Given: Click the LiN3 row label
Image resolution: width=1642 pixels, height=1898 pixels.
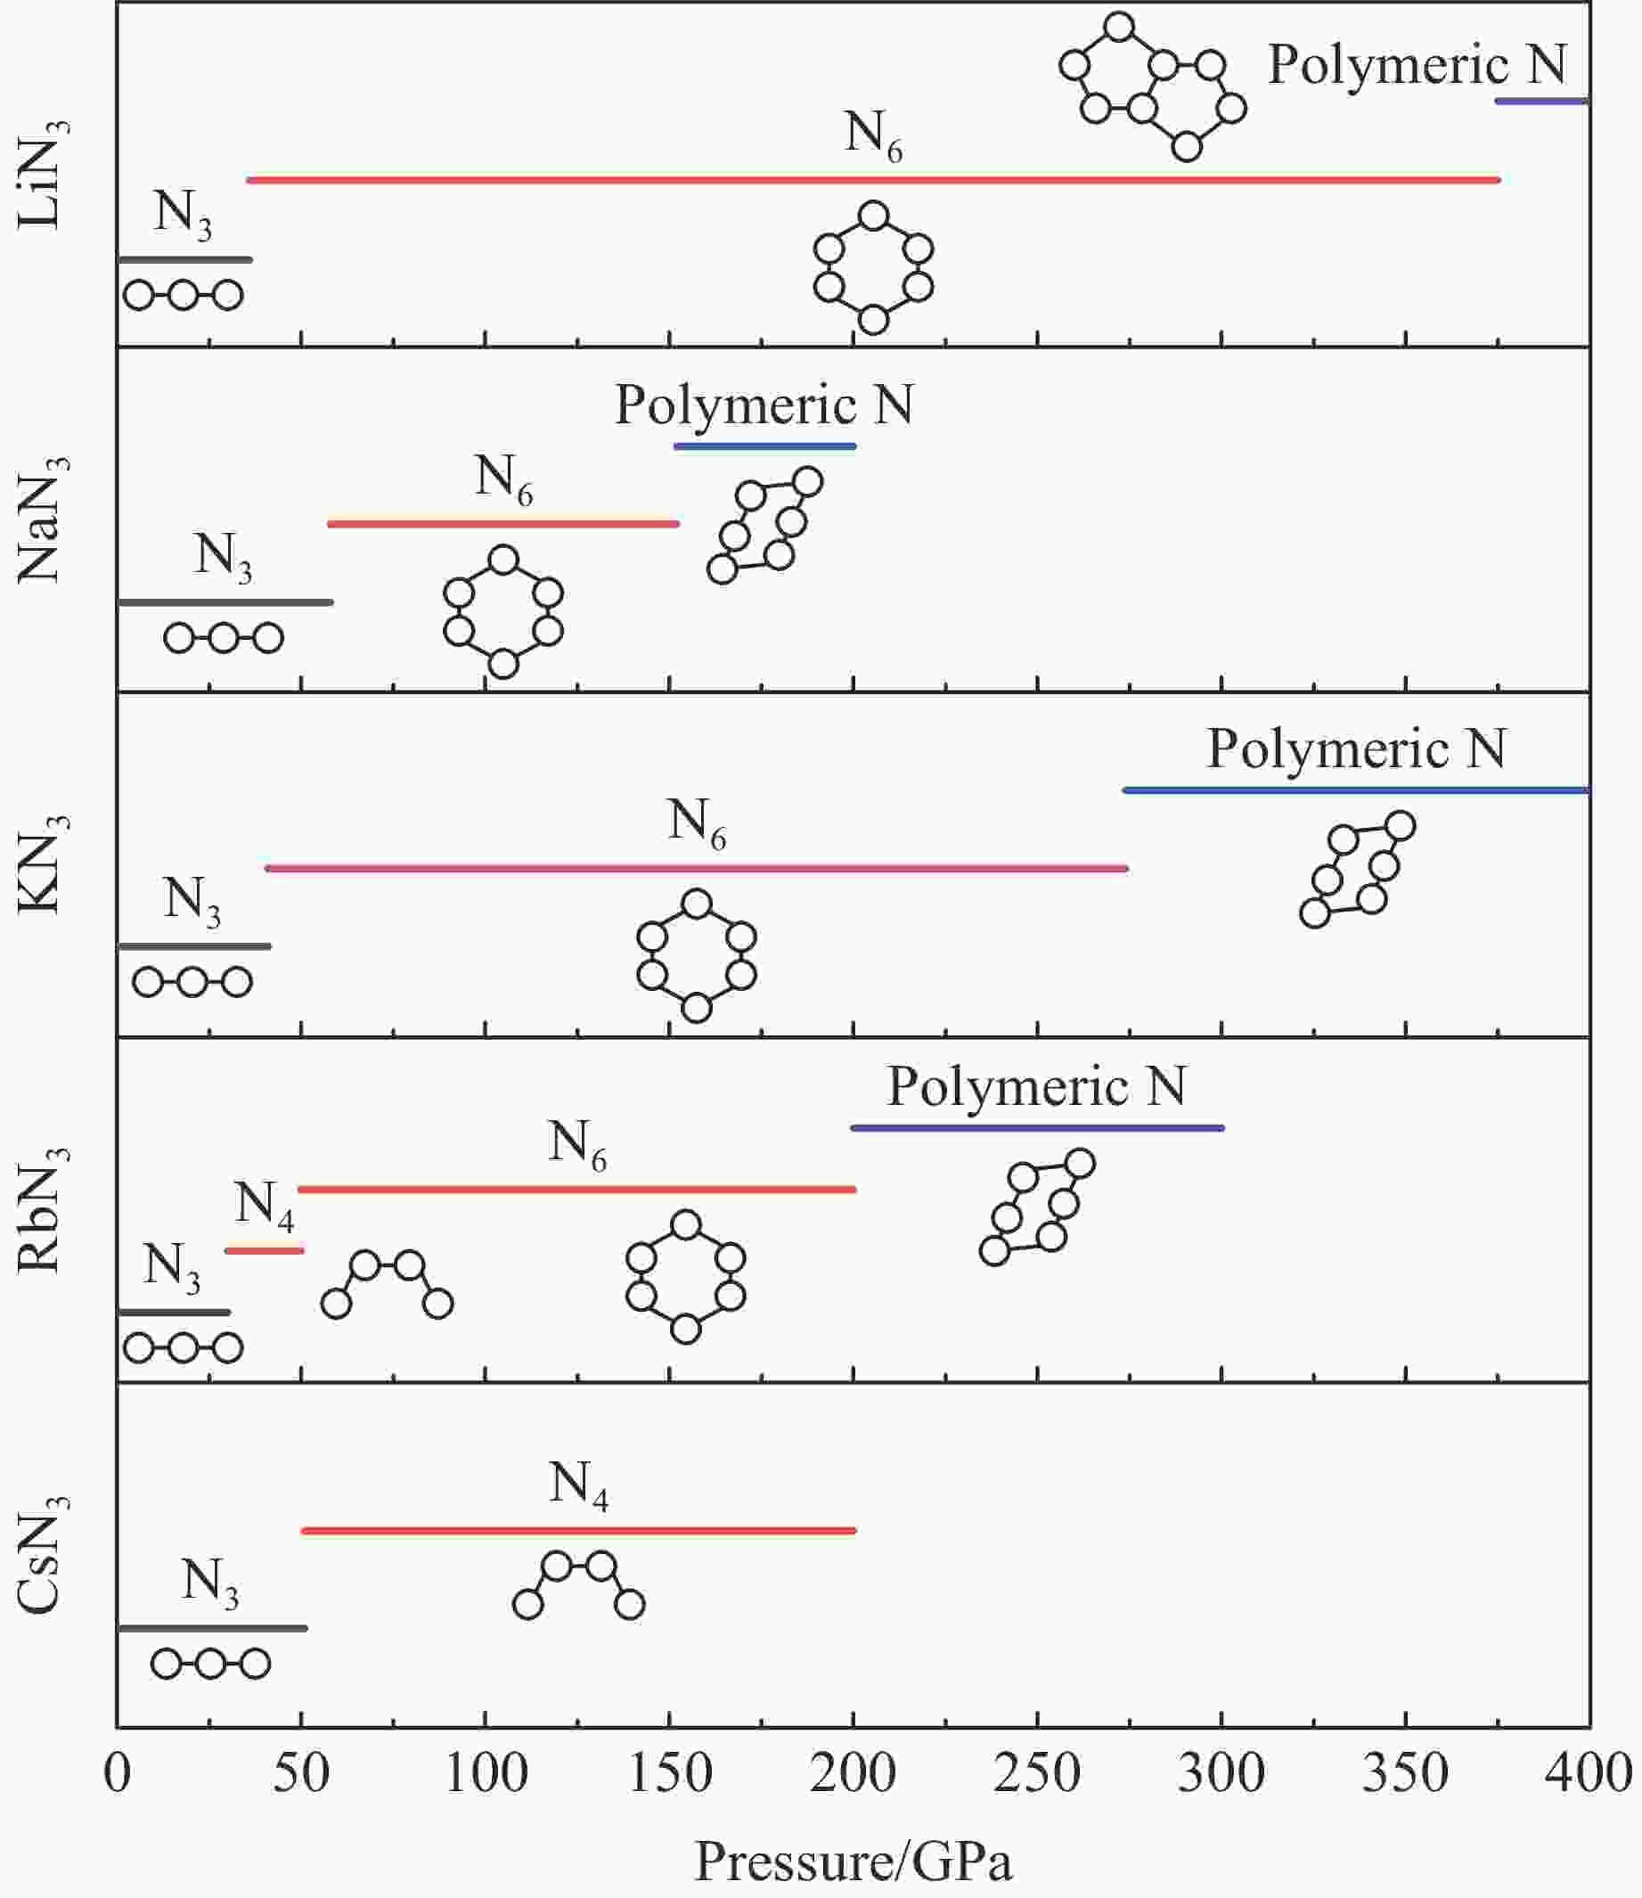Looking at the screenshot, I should [x=42, y=173].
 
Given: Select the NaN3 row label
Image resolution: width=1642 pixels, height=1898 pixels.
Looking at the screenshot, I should [x=42, y=519].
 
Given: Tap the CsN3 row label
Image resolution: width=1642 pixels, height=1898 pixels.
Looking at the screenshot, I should [x=42, y=1554].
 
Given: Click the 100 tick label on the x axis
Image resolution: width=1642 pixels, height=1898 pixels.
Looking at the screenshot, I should [x=485, y=1773].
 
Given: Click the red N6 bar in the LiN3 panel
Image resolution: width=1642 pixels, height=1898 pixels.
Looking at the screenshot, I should [x=872, y=181].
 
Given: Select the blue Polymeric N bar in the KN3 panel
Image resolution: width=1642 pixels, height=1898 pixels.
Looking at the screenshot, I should [x=1356, y=790].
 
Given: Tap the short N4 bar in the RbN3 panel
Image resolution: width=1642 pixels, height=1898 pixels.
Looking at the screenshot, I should [x=264, y=1251].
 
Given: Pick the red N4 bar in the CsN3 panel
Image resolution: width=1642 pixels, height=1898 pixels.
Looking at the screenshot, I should [x=578, y=1531].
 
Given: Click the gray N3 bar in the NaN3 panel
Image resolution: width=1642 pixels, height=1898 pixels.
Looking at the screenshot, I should [x=225, y=602].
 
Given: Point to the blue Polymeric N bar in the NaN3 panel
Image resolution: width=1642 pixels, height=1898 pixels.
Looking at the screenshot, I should [x=764, y=446].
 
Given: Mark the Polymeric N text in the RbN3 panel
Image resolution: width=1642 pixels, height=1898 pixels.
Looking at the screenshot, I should [x=1036, y=1087].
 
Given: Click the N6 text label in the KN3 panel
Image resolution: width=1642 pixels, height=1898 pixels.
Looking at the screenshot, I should [x=697, y=822].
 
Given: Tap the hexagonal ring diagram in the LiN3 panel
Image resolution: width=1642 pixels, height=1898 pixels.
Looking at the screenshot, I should [x=873, y=268].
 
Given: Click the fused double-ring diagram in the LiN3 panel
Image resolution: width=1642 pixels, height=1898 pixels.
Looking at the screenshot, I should [x=1152, y=87].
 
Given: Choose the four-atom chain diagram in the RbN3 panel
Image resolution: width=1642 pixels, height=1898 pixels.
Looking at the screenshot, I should [x=388, y=1284].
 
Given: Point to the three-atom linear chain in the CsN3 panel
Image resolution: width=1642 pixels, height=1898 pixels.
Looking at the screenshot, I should [x=210, y=1664].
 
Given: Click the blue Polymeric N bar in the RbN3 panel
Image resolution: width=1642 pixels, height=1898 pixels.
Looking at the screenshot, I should [x=1036, y=1128].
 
